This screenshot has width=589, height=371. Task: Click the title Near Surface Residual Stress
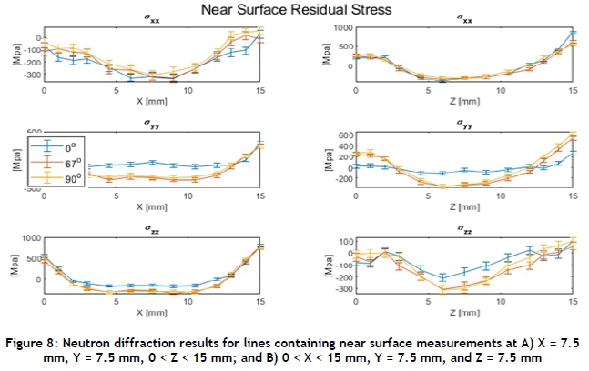click(x=294, y=9)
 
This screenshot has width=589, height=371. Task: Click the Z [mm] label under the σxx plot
click(x=464, y=102)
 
